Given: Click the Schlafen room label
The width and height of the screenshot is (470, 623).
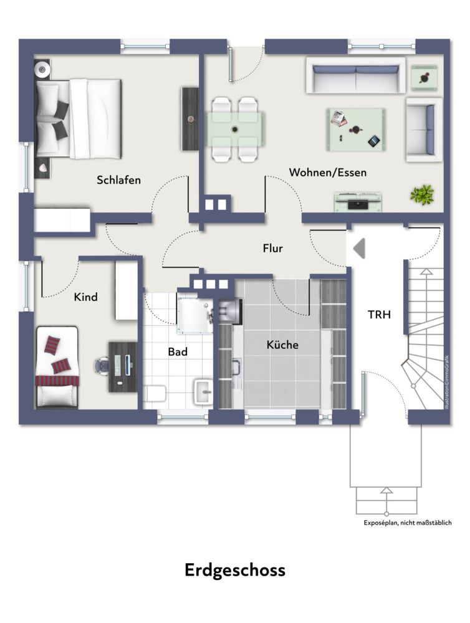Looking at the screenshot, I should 118,180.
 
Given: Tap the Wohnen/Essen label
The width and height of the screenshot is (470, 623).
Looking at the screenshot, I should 327,172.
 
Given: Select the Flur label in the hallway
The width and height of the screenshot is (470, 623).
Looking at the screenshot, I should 272,249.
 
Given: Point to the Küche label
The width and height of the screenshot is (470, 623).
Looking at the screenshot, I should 282,345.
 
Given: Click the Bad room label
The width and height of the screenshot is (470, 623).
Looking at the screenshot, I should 178,352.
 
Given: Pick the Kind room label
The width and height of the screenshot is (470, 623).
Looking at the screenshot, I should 85,297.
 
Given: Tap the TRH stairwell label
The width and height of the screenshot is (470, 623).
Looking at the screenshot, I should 378,315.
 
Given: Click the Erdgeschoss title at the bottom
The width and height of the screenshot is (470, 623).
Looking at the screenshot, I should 235,569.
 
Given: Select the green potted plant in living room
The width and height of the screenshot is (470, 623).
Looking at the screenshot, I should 422,194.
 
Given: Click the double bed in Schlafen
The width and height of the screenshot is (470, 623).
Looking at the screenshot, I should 78,118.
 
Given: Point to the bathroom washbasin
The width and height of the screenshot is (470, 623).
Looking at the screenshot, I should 202,391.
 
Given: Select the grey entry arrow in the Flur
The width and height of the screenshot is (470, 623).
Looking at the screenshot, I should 359,249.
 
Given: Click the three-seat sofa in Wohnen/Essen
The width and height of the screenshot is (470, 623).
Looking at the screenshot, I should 355,76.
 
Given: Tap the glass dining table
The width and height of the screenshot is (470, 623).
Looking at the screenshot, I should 235,130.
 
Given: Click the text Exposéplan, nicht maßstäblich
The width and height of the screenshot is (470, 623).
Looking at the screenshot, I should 408,523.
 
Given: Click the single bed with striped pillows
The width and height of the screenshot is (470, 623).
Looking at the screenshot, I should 57,368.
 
